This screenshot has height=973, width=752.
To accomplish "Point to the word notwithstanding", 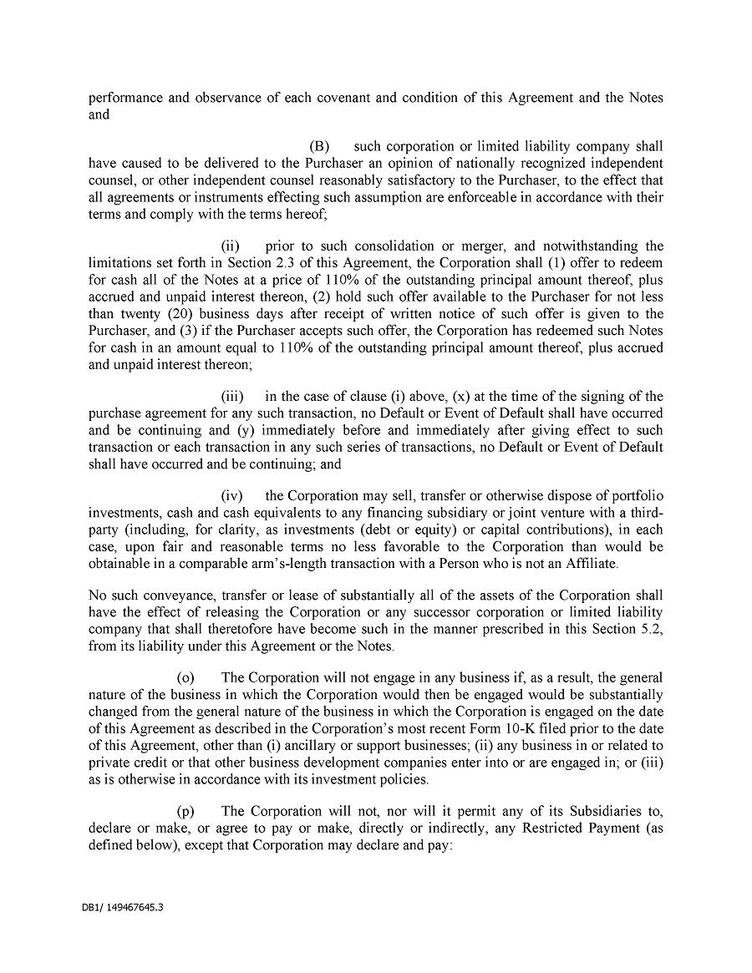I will pos(588,246).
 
